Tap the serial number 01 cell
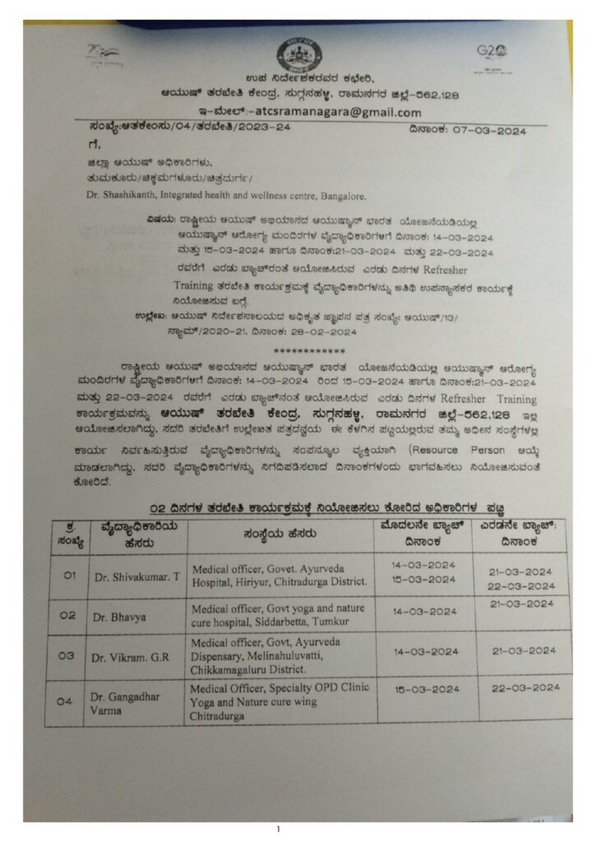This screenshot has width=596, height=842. pos(70,576)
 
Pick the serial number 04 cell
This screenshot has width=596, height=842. pos(70,701)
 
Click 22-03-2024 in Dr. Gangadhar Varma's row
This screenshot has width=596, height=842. pos(523,687)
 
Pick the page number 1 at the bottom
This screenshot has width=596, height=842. pos(278,828)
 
